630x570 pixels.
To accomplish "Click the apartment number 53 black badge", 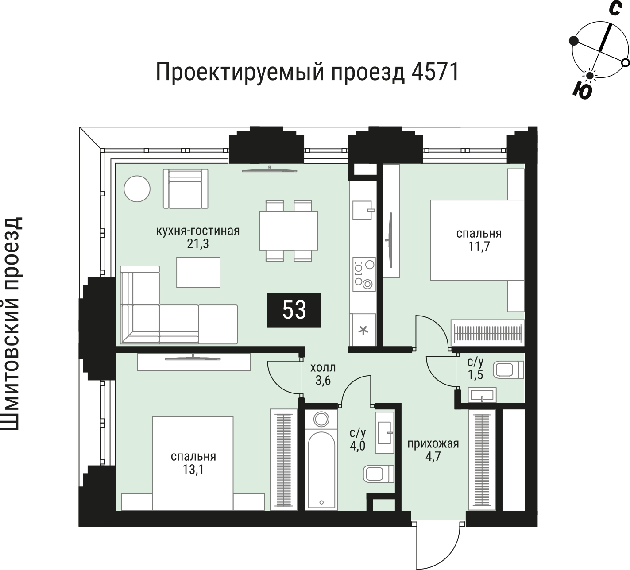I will click(x=294, y=310).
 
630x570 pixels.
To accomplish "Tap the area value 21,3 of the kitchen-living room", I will click(x=197, y=243).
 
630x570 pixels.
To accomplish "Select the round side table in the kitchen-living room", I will click(x=137, y=189).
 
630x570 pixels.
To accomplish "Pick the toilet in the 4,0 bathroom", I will click(x=378, y=474).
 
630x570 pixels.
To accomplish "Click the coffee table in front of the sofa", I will click(x=198, y=273).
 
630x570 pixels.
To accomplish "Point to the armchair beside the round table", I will click(x=186, y=189).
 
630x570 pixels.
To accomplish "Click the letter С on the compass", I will click(x=614, y=9).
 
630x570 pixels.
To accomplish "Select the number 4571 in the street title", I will click(x=434, y=73).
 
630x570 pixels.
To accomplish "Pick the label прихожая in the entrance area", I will click(x=433, y=444).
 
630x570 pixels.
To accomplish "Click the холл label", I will click(x=323, y=367).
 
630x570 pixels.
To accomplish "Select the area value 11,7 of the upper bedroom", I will click(x=479, y=246).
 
